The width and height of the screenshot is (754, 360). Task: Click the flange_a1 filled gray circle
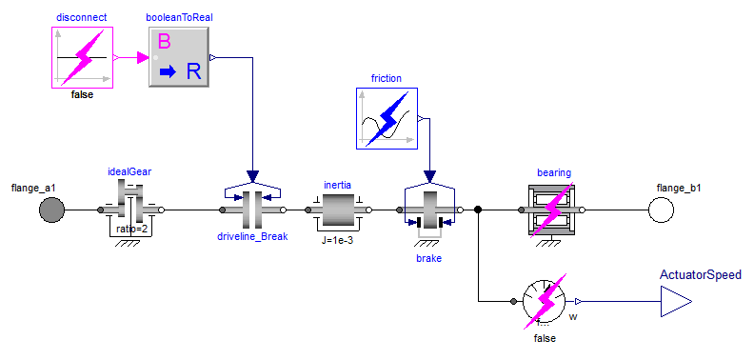tap(51, 210)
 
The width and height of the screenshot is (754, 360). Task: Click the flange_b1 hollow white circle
tap(661, 210)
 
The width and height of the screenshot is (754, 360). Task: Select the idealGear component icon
tap(130, 210)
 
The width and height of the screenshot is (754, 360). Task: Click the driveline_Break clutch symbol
tap(252, 206)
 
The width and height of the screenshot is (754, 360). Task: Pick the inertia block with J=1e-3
tap(339, 210)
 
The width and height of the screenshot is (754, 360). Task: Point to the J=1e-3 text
tap(338, 241)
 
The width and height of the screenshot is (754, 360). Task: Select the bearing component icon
tap(551, 210)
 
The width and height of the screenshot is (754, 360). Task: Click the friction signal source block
tap(387, 118)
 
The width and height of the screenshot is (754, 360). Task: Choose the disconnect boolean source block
tap(82, 58)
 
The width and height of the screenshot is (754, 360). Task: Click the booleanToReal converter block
tap(178, 57)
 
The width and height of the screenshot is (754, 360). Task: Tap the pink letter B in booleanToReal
tap(164, 42)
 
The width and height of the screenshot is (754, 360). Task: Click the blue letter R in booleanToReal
tap(193, 71)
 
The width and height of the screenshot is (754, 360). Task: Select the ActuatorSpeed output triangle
tap(676, 302)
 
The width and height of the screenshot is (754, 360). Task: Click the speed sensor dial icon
tap(546, 302)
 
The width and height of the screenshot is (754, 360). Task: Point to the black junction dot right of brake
tap(478, 210)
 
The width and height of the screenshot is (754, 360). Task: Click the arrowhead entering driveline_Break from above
tap(252, 177)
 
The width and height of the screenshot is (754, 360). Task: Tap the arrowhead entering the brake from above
tap(430, 177)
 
